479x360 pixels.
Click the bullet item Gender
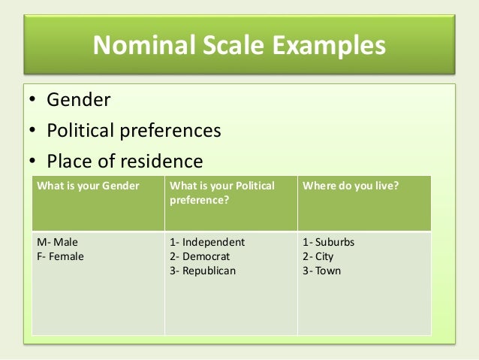tap(79, 99)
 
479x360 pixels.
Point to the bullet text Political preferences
tap(134, 131)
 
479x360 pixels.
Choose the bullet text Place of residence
tap(125, 162)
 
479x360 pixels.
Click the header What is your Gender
tap(88, 186)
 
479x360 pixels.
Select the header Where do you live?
tap(351, 186)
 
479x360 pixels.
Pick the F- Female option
tap(60, 256)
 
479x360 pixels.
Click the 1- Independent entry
tap(208, 243)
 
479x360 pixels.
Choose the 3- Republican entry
tap(203, 271)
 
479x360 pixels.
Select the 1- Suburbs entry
tap(328, 243)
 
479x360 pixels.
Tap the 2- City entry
tap(318, 256)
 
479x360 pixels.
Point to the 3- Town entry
tap(321, 271)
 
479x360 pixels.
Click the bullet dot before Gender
tap(32, 100)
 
